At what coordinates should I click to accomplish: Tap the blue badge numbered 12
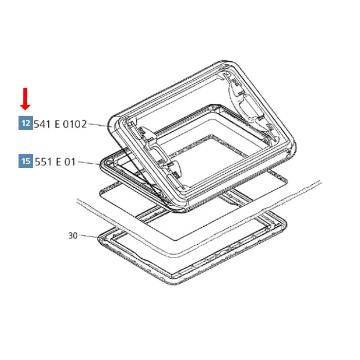point(25,123)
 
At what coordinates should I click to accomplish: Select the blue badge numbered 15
point(25,161)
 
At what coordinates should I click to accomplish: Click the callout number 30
point(73,236)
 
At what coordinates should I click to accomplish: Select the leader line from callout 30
point(89,236)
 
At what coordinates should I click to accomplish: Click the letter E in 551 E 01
point(58,162)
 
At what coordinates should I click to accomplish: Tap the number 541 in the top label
point(42,124)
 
